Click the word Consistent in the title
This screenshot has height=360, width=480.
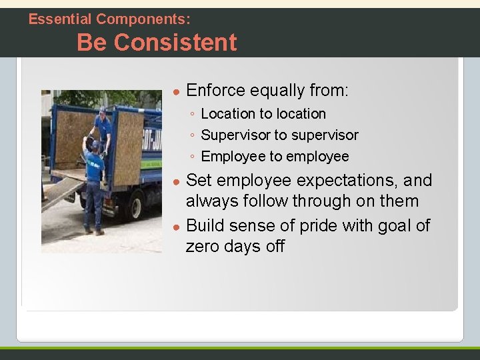[x=175, y=43]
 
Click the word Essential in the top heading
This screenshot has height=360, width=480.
[x=61, y=19]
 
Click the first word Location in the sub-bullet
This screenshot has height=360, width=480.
[x=228, y=114]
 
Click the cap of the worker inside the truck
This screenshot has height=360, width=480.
[x=102, y=109]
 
